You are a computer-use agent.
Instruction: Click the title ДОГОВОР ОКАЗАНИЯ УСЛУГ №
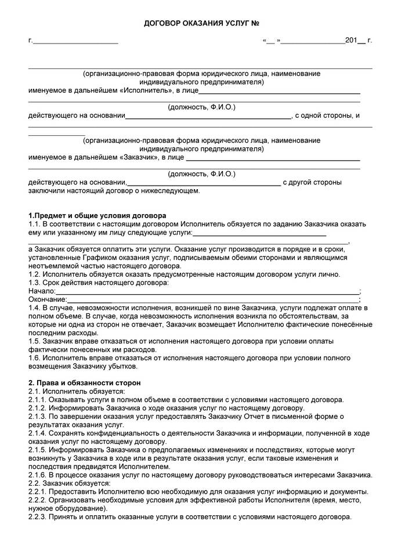(x=201, y=23)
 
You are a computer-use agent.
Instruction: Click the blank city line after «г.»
(x=76, y=41)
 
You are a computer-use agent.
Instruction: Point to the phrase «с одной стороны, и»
(x=328, y=115)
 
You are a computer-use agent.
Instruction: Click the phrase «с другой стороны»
(x=312, y=182)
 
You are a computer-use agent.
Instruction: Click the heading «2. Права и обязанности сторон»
(x=84, y=383)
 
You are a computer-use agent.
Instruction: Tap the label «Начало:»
(x=42, y=291)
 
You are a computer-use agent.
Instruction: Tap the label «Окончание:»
(x=48, y=299)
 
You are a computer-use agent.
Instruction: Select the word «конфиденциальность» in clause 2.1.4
(x=121, y=433)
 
